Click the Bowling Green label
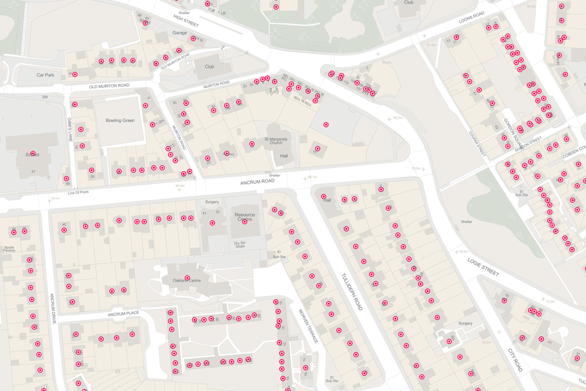coord(120,120)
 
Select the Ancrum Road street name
coord(257,182)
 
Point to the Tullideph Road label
coord(352,291)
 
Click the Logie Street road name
coord(483,266)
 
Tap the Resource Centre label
coord(245,217)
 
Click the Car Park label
coord(45,75)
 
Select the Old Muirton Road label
coord(109,86)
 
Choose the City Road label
coord(515,359)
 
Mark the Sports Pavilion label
coord(9,249)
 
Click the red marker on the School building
coord(33,154)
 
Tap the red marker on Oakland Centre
coord(188,277)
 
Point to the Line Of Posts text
coord(78,192)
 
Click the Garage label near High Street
coord(180,33)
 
